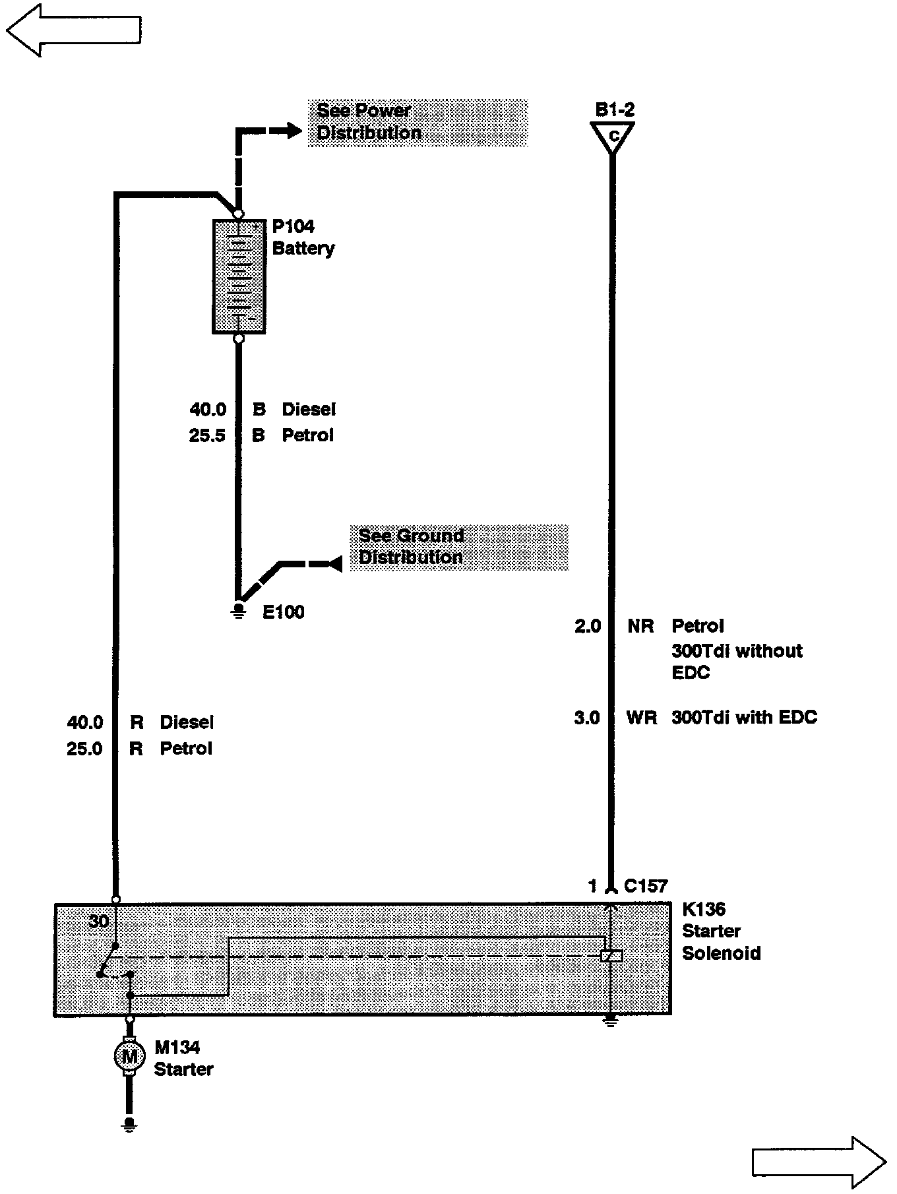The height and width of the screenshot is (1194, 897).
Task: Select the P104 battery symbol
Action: tap(239, 276)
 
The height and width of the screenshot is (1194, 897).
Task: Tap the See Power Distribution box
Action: tap(418, 122)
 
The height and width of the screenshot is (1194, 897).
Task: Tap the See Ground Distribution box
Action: tap(458, 547)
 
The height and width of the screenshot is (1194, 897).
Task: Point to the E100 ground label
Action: tap(283, 612)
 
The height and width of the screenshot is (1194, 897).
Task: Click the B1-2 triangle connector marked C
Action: tap(613, 137)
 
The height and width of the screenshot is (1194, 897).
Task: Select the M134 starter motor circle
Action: tap(130, 1056)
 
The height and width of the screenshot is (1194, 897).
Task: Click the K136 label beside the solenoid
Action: tap(703, 909)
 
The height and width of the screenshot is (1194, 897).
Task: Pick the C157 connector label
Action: tap(646, 886)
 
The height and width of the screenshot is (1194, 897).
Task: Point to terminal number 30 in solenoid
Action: tap(98, 921)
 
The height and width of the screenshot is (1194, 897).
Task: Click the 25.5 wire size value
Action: tap(207, 435)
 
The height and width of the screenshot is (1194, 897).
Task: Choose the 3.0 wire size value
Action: tap(587, 718)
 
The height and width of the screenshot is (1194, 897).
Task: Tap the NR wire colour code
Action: tap(640, 626)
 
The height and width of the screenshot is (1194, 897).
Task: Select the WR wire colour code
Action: tap(641, 718)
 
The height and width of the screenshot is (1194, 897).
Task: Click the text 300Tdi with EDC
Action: tap(744, 718)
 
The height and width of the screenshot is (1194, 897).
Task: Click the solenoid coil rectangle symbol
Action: tap(611, 956)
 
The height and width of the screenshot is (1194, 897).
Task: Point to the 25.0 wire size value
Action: tap(84, 749)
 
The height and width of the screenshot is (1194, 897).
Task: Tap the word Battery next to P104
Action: tap(303, 249)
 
